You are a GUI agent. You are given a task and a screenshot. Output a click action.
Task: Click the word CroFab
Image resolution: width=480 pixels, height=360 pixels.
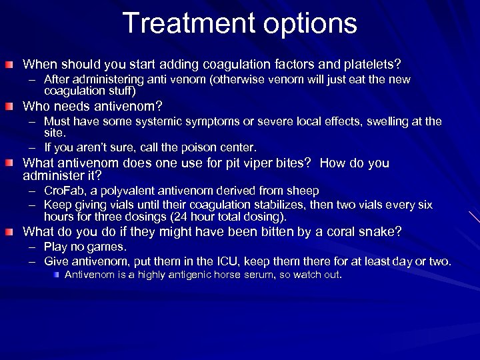click(x=63, y=190)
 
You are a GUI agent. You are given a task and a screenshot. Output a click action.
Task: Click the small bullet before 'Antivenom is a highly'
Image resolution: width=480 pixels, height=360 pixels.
click(x=57, y=274)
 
